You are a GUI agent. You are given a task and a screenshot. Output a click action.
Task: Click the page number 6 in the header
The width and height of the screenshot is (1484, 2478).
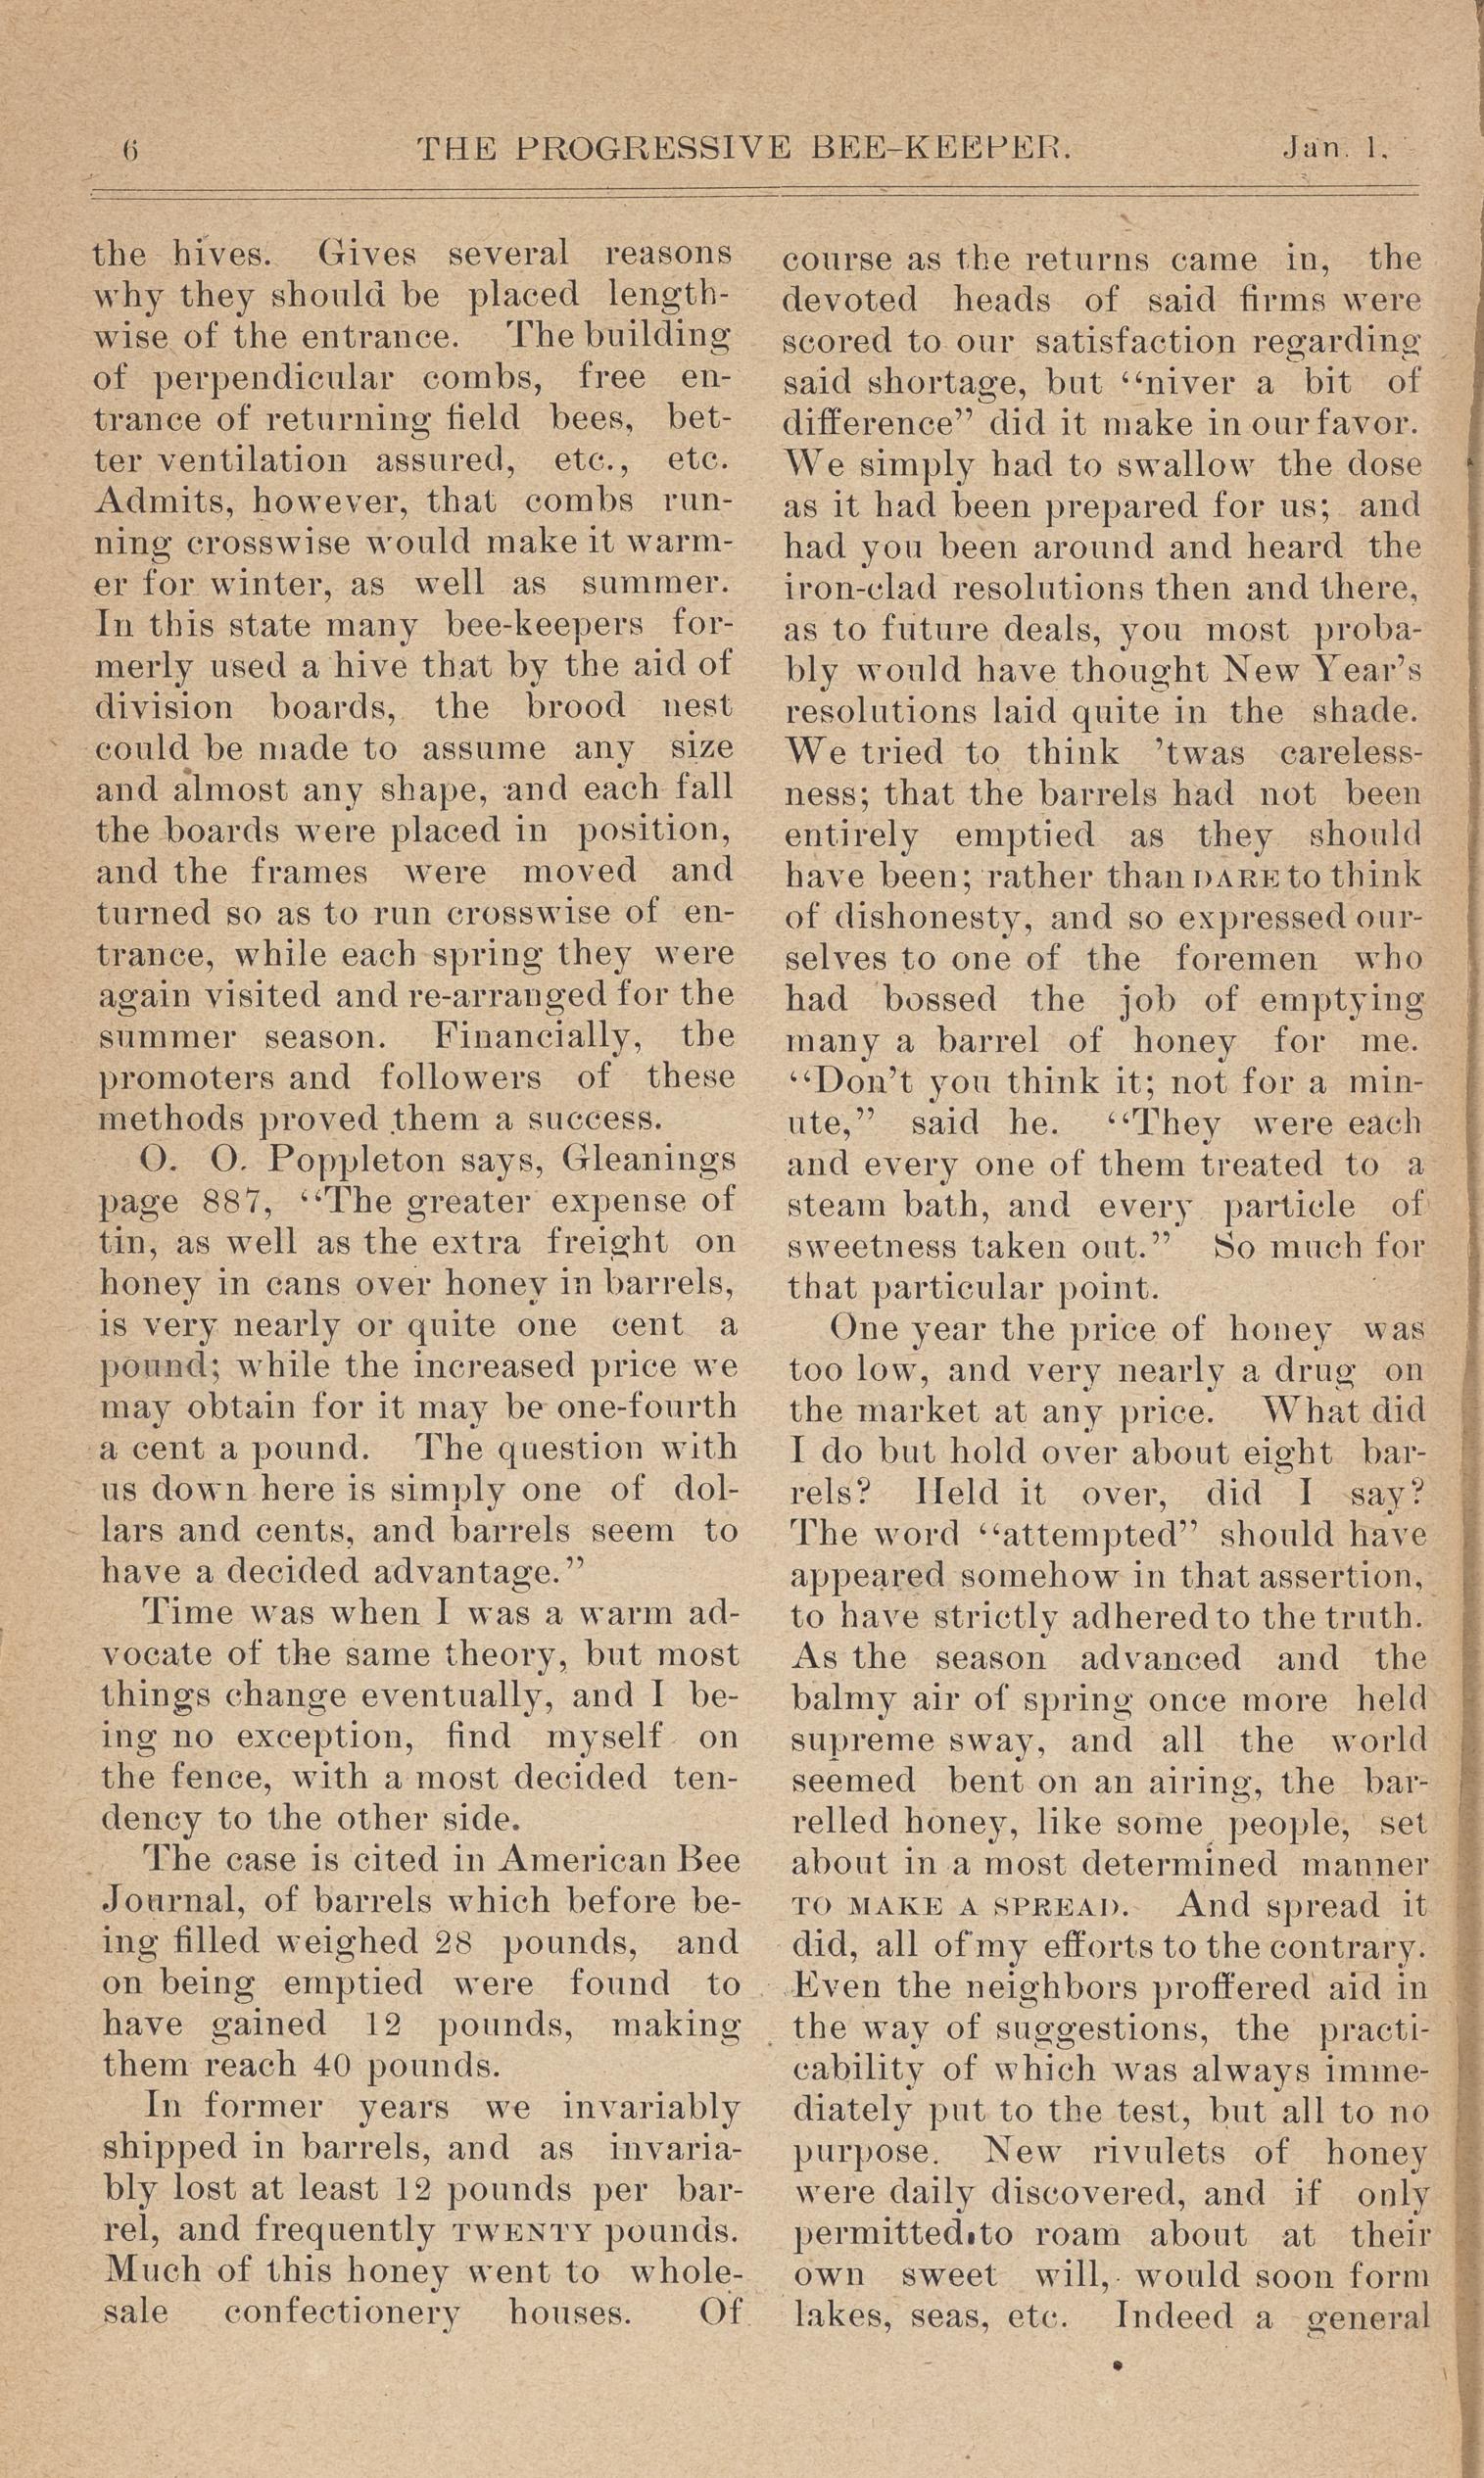tap(130, 151)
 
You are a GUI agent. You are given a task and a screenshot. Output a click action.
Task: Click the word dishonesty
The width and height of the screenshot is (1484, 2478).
tap(939, 919)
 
